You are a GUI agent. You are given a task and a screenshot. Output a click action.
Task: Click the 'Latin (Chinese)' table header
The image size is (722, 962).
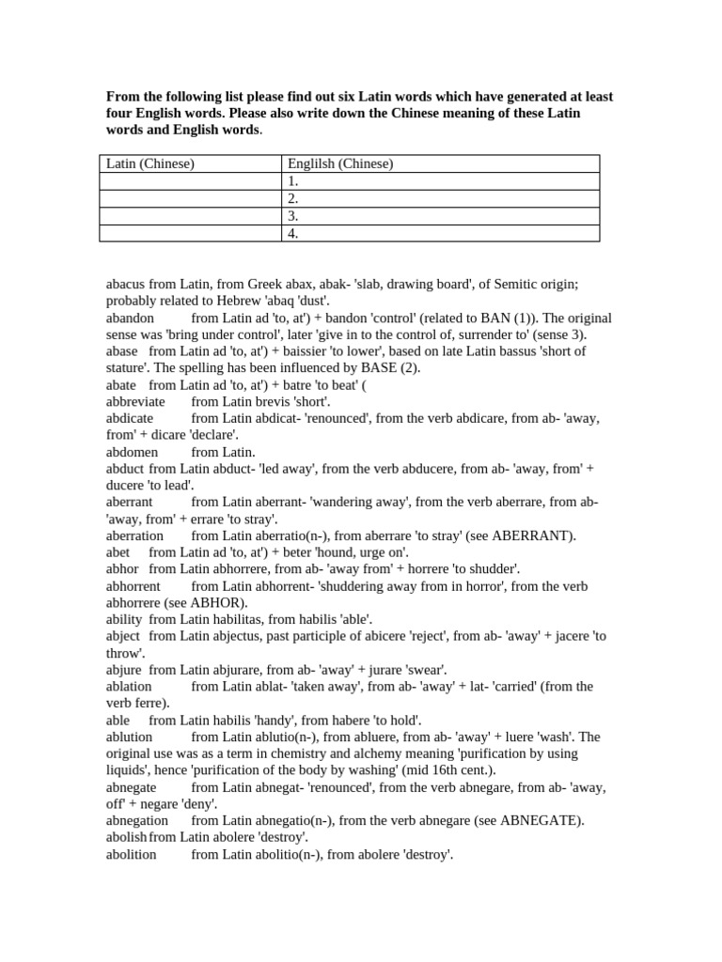[150, 164]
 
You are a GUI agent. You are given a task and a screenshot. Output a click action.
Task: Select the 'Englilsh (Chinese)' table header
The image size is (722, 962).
[340, 164]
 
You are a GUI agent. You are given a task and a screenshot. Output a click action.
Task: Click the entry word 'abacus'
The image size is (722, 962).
[126, 284]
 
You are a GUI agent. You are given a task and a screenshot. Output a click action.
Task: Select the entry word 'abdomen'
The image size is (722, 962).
[133, 452]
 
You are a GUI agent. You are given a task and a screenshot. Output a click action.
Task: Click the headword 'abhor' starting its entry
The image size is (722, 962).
[122, 569]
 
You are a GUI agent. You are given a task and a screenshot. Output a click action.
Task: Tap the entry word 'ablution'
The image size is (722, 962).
[132, 737]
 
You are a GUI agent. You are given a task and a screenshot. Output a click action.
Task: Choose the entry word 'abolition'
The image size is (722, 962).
[132, 854]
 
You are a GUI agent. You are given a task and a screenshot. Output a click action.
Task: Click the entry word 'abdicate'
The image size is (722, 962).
[130, 418]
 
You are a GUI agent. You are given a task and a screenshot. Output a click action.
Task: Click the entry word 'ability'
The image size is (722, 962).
[124, 619]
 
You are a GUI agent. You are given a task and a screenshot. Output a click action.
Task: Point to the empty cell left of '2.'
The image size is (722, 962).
[190, 198]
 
